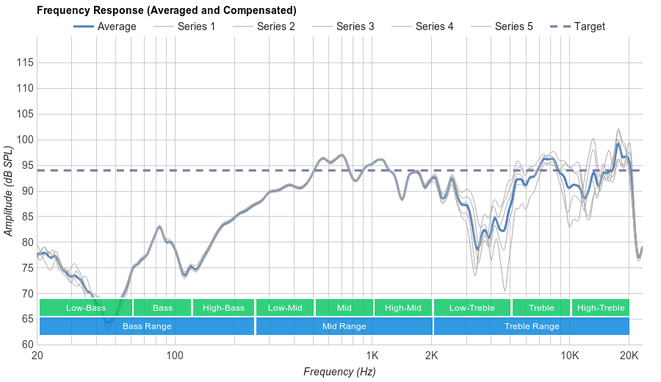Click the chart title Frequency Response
coord(167,10)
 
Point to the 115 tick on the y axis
coord(26,62)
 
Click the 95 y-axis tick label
coord(26,165)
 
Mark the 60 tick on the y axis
coord(26,345)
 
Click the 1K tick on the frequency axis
coord(372,356)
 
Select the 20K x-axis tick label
coord(629,356)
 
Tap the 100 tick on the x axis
coord(175,356)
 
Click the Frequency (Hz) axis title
coord(339,372)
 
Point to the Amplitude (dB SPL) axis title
coord(9,191)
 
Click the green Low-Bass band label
coord(86,308)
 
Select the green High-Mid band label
coord(403,308)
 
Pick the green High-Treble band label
coord(601,308)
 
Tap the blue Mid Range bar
coord(344,326)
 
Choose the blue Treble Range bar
coord(532,326)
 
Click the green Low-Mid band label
coord(285,308)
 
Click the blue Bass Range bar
coord(147,326)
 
